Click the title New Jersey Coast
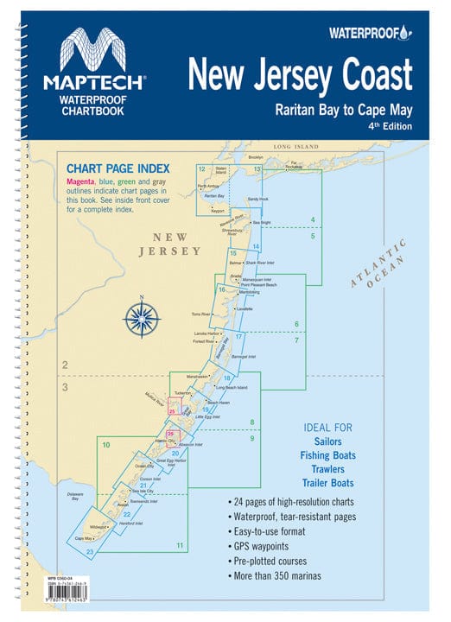point(300,75)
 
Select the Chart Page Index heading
point(118,168)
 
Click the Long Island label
point(296,149)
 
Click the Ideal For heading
point(327,428)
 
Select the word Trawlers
point(328,468)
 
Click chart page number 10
point(105,446)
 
